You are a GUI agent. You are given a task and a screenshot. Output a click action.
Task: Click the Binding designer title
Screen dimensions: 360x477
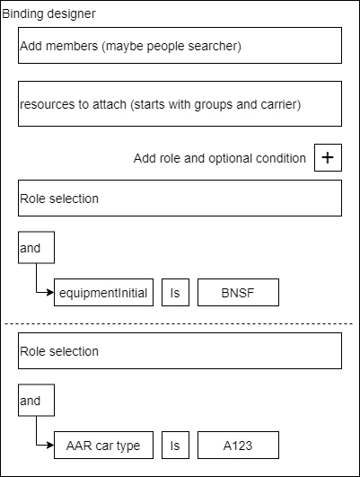pos(48,13)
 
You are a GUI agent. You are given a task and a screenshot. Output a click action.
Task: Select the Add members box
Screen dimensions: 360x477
pos(180,45)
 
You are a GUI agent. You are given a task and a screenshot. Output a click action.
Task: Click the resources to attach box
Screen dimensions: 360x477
pos(180,103)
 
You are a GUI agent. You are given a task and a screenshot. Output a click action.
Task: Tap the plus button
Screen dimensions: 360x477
pos(328,157)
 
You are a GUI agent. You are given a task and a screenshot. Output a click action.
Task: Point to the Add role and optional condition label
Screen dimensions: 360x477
pos(220,158)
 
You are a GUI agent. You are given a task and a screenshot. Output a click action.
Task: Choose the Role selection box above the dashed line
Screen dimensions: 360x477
pos(180,198)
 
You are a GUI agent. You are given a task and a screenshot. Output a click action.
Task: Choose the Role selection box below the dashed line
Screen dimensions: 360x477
pos(180,350)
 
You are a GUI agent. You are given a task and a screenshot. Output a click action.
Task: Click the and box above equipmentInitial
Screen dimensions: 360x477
pos(37,247)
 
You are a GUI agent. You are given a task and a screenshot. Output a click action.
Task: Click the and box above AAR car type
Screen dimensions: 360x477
pos(37,400)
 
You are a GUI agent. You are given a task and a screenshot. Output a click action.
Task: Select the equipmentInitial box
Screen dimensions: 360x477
pos(103,292)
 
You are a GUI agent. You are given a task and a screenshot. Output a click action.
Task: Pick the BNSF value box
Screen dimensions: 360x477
pos(239,292)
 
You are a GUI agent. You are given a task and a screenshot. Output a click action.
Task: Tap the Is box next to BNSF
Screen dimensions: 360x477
pos(175,292)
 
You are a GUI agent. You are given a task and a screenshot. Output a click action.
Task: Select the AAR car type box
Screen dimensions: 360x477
pos(103,445)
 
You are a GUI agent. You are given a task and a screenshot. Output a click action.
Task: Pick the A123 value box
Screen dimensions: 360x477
pos(239,445)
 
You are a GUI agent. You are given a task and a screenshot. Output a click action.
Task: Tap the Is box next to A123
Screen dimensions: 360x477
pos(175,445)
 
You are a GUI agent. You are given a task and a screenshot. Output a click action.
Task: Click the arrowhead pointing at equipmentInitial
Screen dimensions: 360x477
pos(51,293)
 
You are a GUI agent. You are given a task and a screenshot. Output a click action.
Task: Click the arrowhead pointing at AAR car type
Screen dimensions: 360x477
pos(51,446)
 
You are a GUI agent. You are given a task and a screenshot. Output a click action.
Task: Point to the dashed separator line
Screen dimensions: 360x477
pos(179,323)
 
